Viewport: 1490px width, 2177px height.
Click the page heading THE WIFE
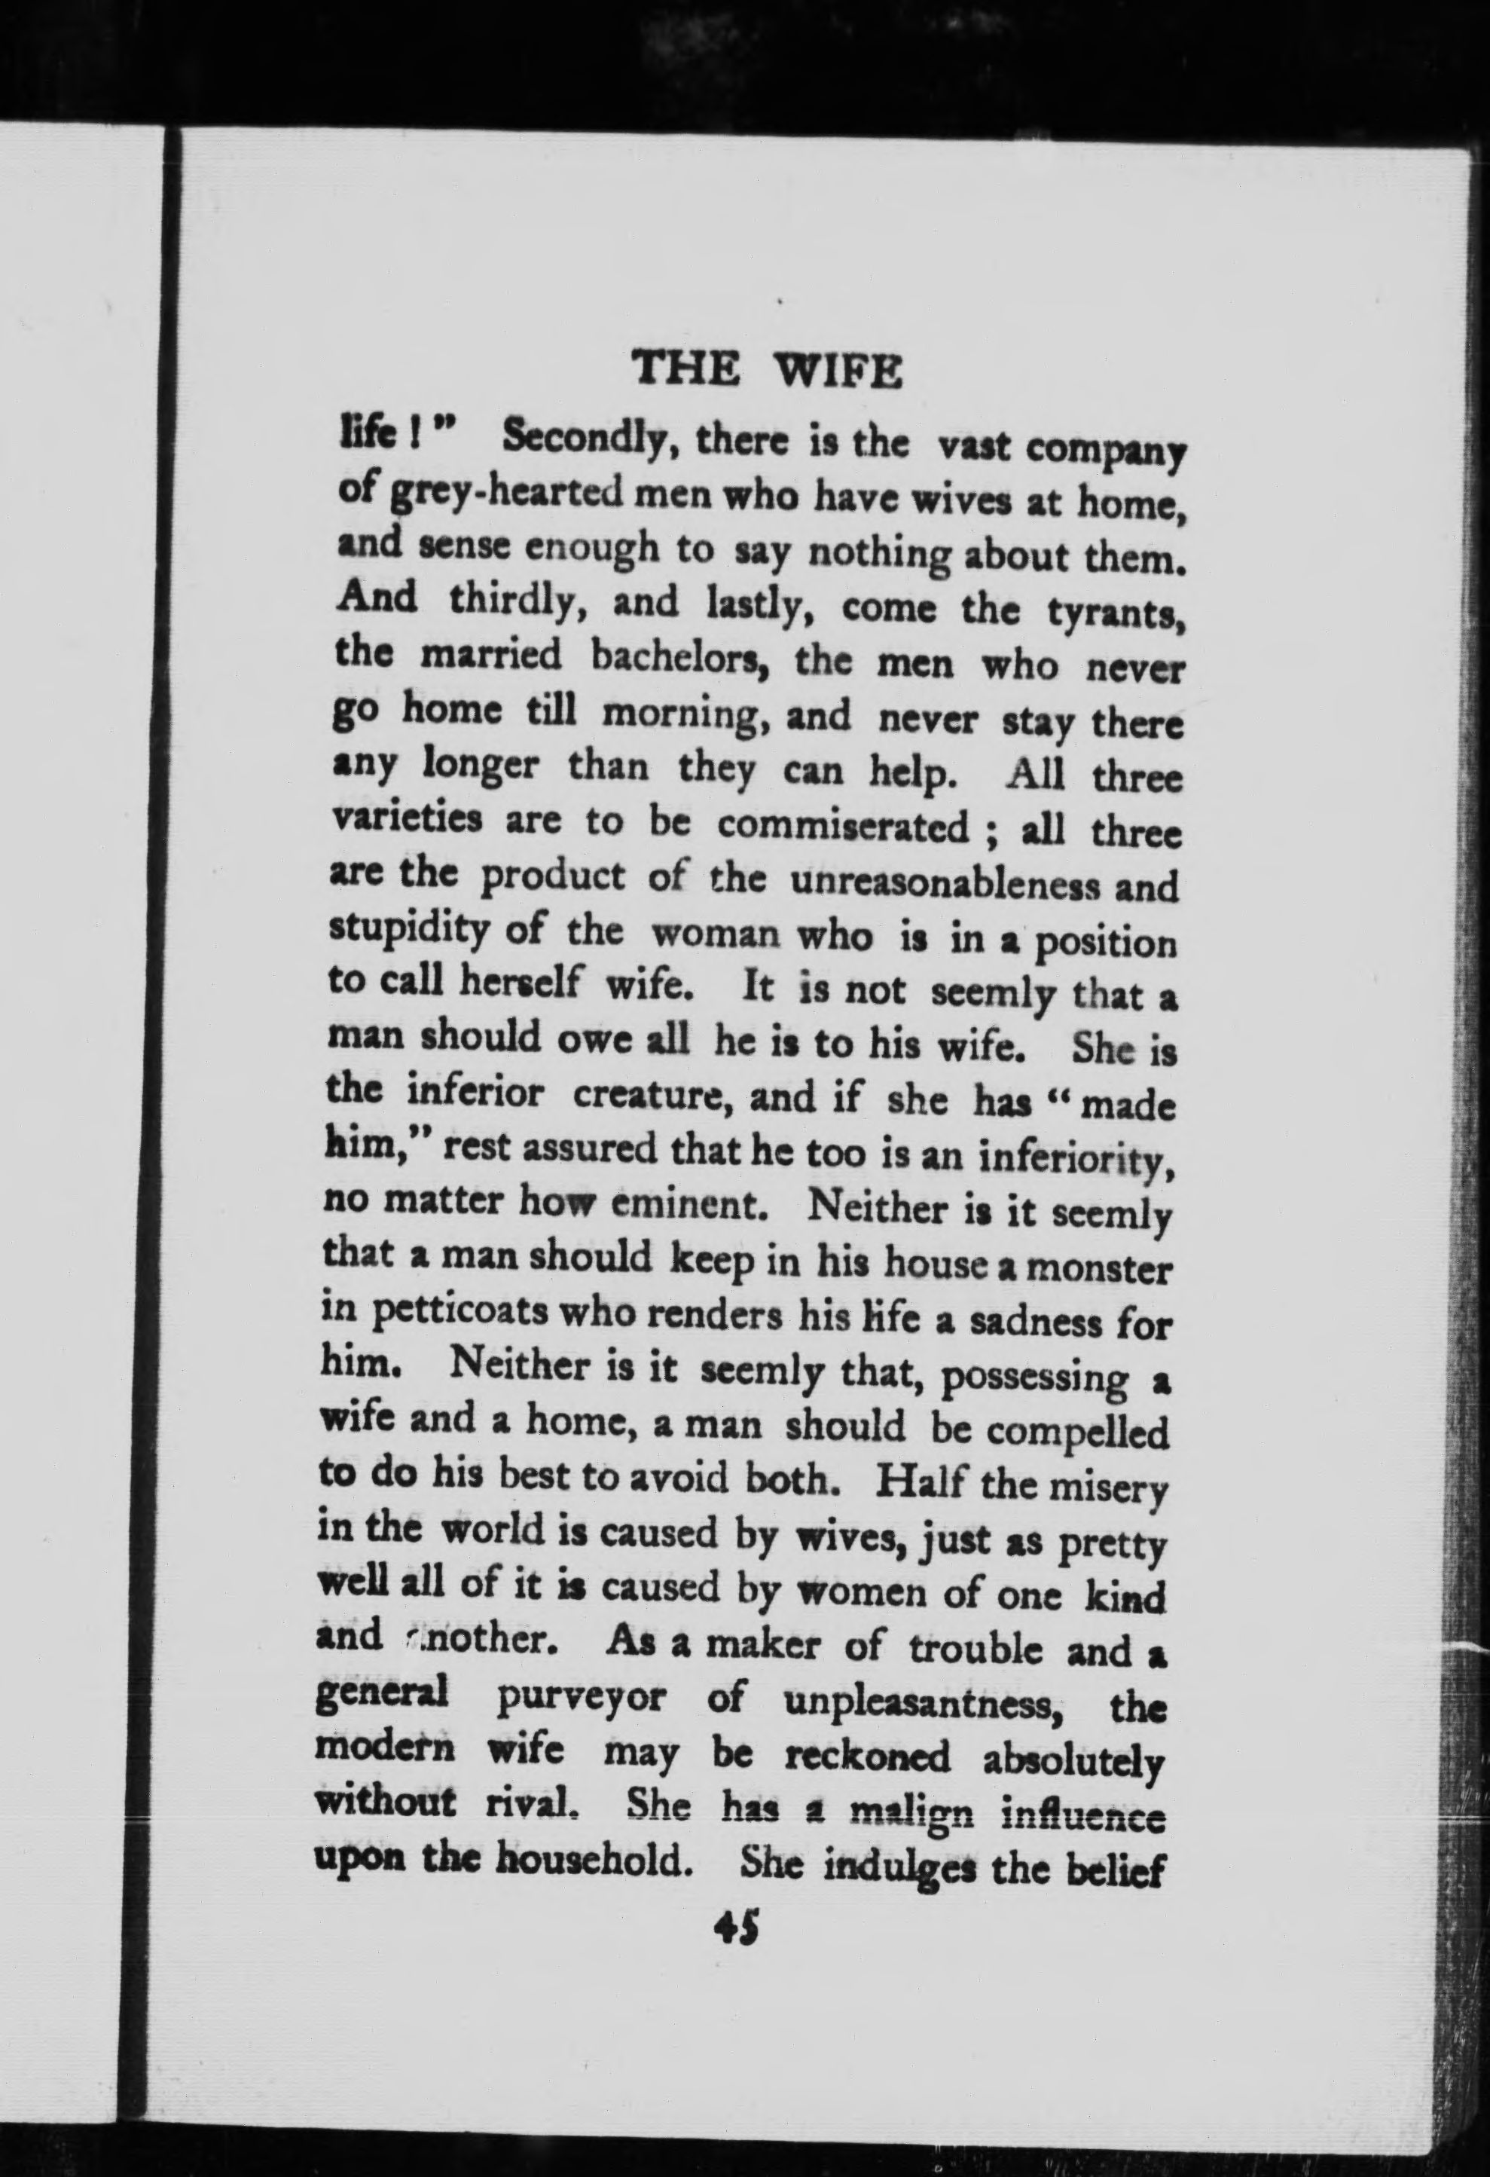[x=767, y=372]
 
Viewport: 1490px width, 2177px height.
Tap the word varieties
[x=408, y=821]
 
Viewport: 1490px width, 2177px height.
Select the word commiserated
[x=844, y=825]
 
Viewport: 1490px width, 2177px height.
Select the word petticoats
[x=460, y=1314]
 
